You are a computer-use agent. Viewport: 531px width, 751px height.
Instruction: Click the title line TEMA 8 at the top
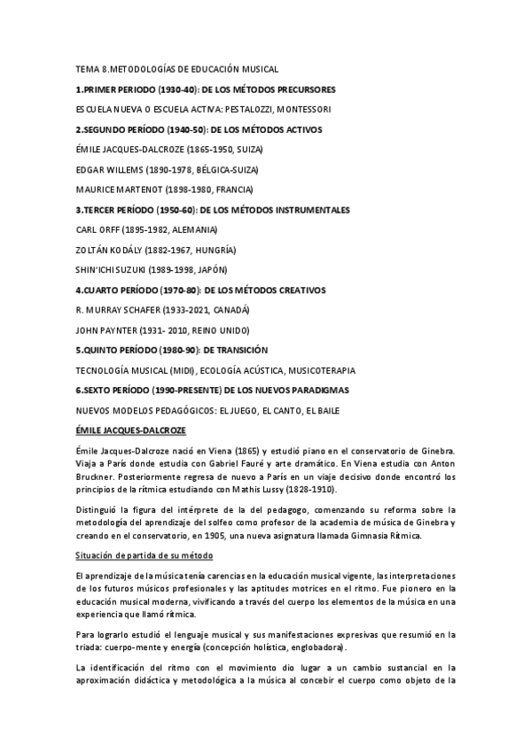177,69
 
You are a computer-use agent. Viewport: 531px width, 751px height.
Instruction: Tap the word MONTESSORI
303,110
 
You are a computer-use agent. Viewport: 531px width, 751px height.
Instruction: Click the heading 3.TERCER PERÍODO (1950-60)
213,210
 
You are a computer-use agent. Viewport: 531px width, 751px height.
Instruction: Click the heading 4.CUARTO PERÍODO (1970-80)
200,290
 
